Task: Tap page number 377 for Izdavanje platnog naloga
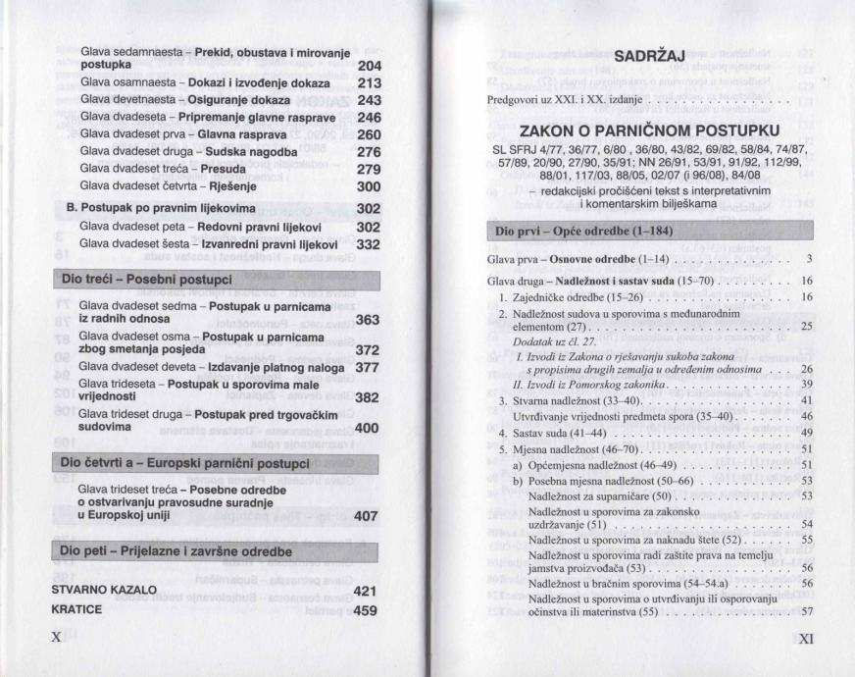pyautogui.click(x=367, y=367)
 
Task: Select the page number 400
pyautogui.click(x=367, y=428)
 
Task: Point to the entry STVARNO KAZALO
pyautogui.click(x=104, y=591)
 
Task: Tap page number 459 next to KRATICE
pyautogui.click(x=366, y=609)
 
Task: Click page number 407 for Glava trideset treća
pyautogui.click(x=367, y=514)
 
